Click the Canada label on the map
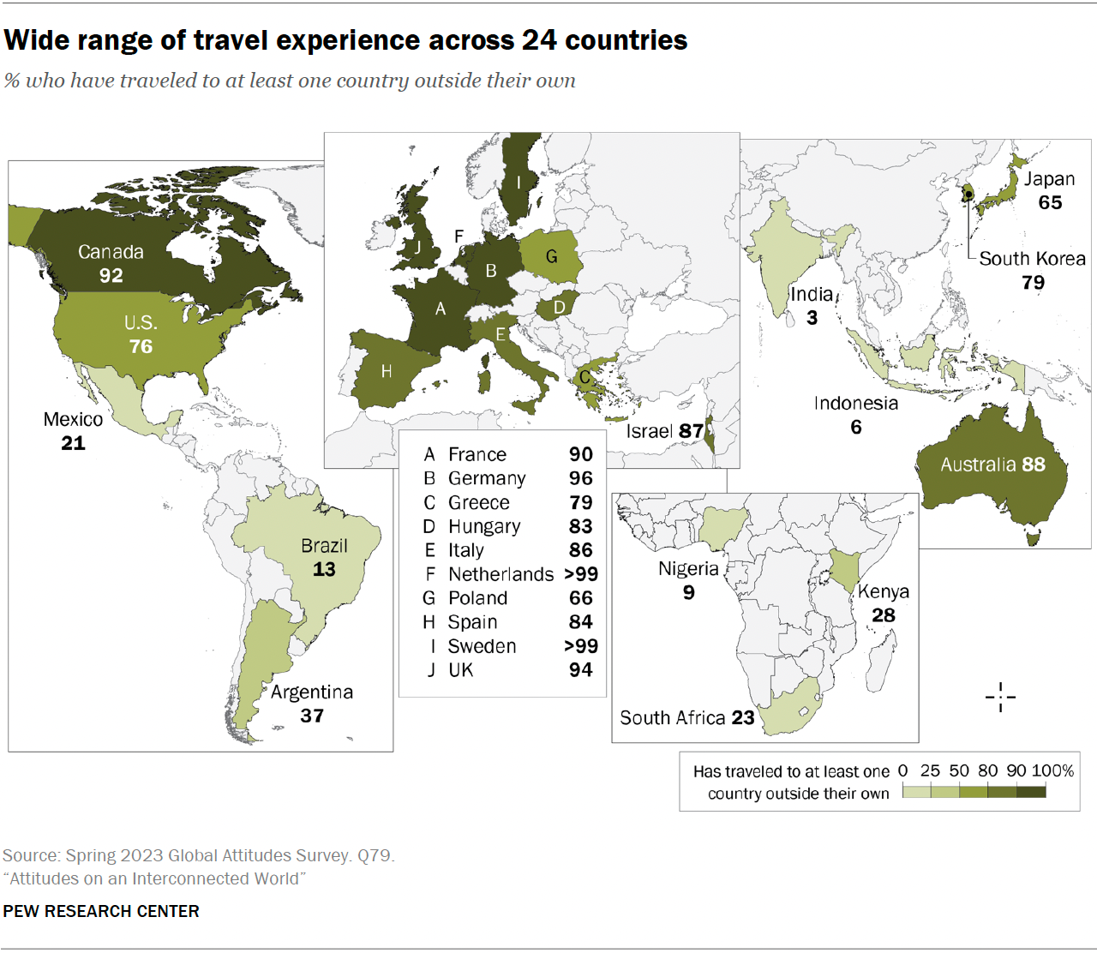pyautogui.click(x=111, y=252)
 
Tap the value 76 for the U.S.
pyautogui.click(x=141, y=346)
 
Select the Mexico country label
pyautogui.click(x=73, y=419)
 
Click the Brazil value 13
pyautogui.click(x=324, y=569)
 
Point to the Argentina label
pyautogui.click(x=312, y=692)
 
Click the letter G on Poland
pyautogui.click(x=551, y=256)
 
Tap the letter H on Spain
pyautogui.click(x=387, y=371)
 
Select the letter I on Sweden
pyautogui.click(x=519, y=183)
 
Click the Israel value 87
pyautogui.click(x=691, y=431)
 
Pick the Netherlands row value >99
pyautogui.click(x=581, y=574)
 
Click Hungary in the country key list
pyautogui.click(x=484, y=526)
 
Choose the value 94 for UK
pyautogui.click(x=581, y=670)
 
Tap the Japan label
pyautogui.click(x=1049, y=179)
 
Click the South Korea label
pyautogui.click(x=1032, y=259)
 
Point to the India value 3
pyautogui.click(x=812, y=318)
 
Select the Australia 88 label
pyautogui.click(x=992, y=465)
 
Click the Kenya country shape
pyautogui.click(x=844, y=569)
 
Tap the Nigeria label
pyautogui.click(x=688, y=568)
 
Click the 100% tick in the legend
pyautogui.click(x=1053, y=770)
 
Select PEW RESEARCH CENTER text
pyautogui.click(x=101, y=911)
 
